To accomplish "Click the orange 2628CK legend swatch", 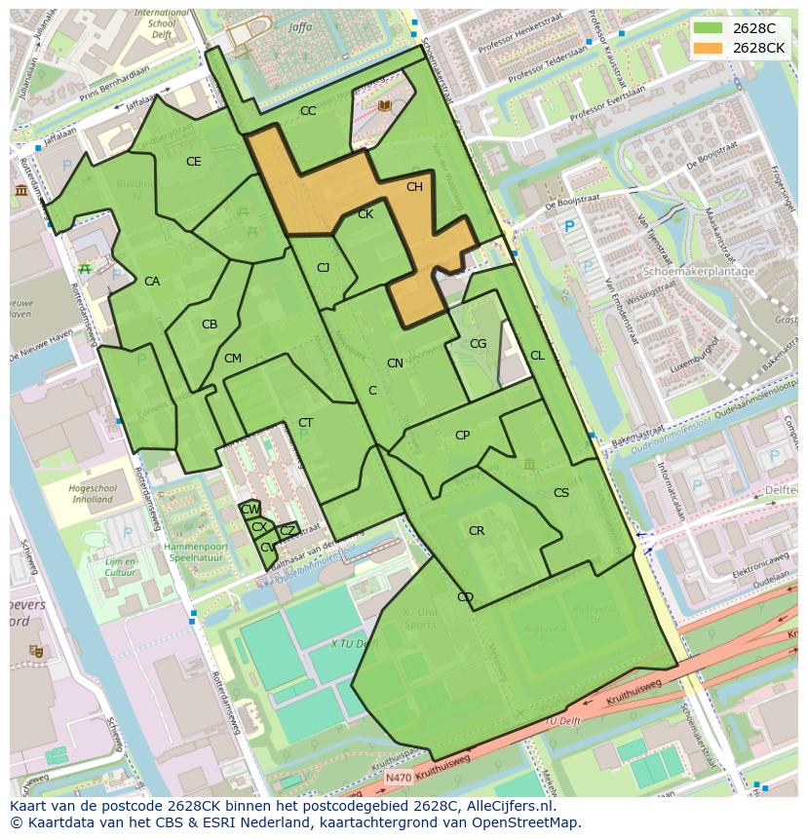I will tap(709, 48).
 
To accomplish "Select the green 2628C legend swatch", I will tap(709, 29).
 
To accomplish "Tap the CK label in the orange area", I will tap(365, 214).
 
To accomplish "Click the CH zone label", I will tap(414, 187).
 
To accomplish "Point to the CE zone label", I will tap(193, 162).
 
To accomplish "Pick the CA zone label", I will tap(152, 282).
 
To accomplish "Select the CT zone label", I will tap(306, 423).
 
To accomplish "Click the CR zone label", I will tap(477, 531).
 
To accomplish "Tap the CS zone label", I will tap(560, 493).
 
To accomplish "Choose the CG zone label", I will tap(478, 344).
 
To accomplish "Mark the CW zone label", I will tap(250, 510).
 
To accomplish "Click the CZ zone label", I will tap(287, 531).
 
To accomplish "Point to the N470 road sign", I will tap(398, 779).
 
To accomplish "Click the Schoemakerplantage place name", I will tap(699, 272).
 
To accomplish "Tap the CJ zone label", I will tap(324, 268).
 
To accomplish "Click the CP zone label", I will tap(462, 436).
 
